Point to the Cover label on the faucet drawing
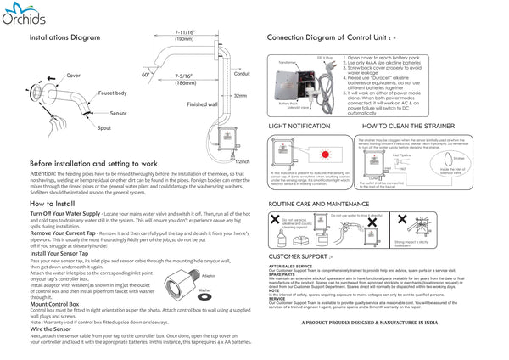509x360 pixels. [74, 76]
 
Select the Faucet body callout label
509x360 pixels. [113, 93]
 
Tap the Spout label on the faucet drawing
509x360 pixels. [103, 127]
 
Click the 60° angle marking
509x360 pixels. [146, 74]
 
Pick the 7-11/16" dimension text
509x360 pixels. [184, 32]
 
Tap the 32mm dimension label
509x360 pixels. [240, 96]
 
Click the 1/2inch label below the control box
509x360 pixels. [243, 160]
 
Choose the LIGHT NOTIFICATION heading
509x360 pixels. [299, 125]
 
